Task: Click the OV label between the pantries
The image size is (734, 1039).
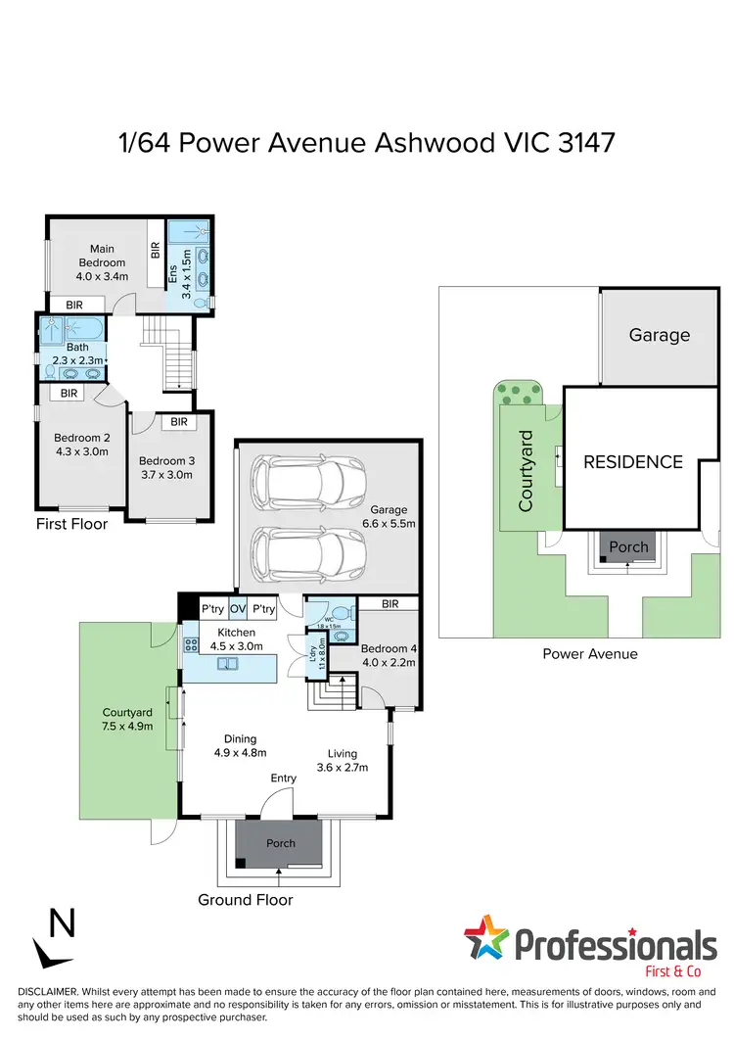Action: (x=238, y=609)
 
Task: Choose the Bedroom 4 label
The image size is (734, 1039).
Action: (x=390, y=648)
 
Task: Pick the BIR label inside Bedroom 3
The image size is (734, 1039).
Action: (x=179, y=422)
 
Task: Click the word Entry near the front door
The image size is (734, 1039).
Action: (x=284, y=778)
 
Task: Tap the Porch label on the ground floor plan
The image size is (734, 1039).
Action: (x=280, y=843)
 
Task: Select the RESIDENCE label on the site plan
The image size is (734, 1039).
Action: (x=633, y=461)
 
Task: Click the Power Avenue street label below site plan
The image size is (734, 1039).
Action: (x=589, y=653)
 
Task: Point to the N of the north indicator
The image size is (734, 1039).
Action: (x=62, y=922)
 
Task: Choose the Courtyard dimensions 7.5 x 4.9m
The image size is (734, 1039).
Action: (x=128, y=728)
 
